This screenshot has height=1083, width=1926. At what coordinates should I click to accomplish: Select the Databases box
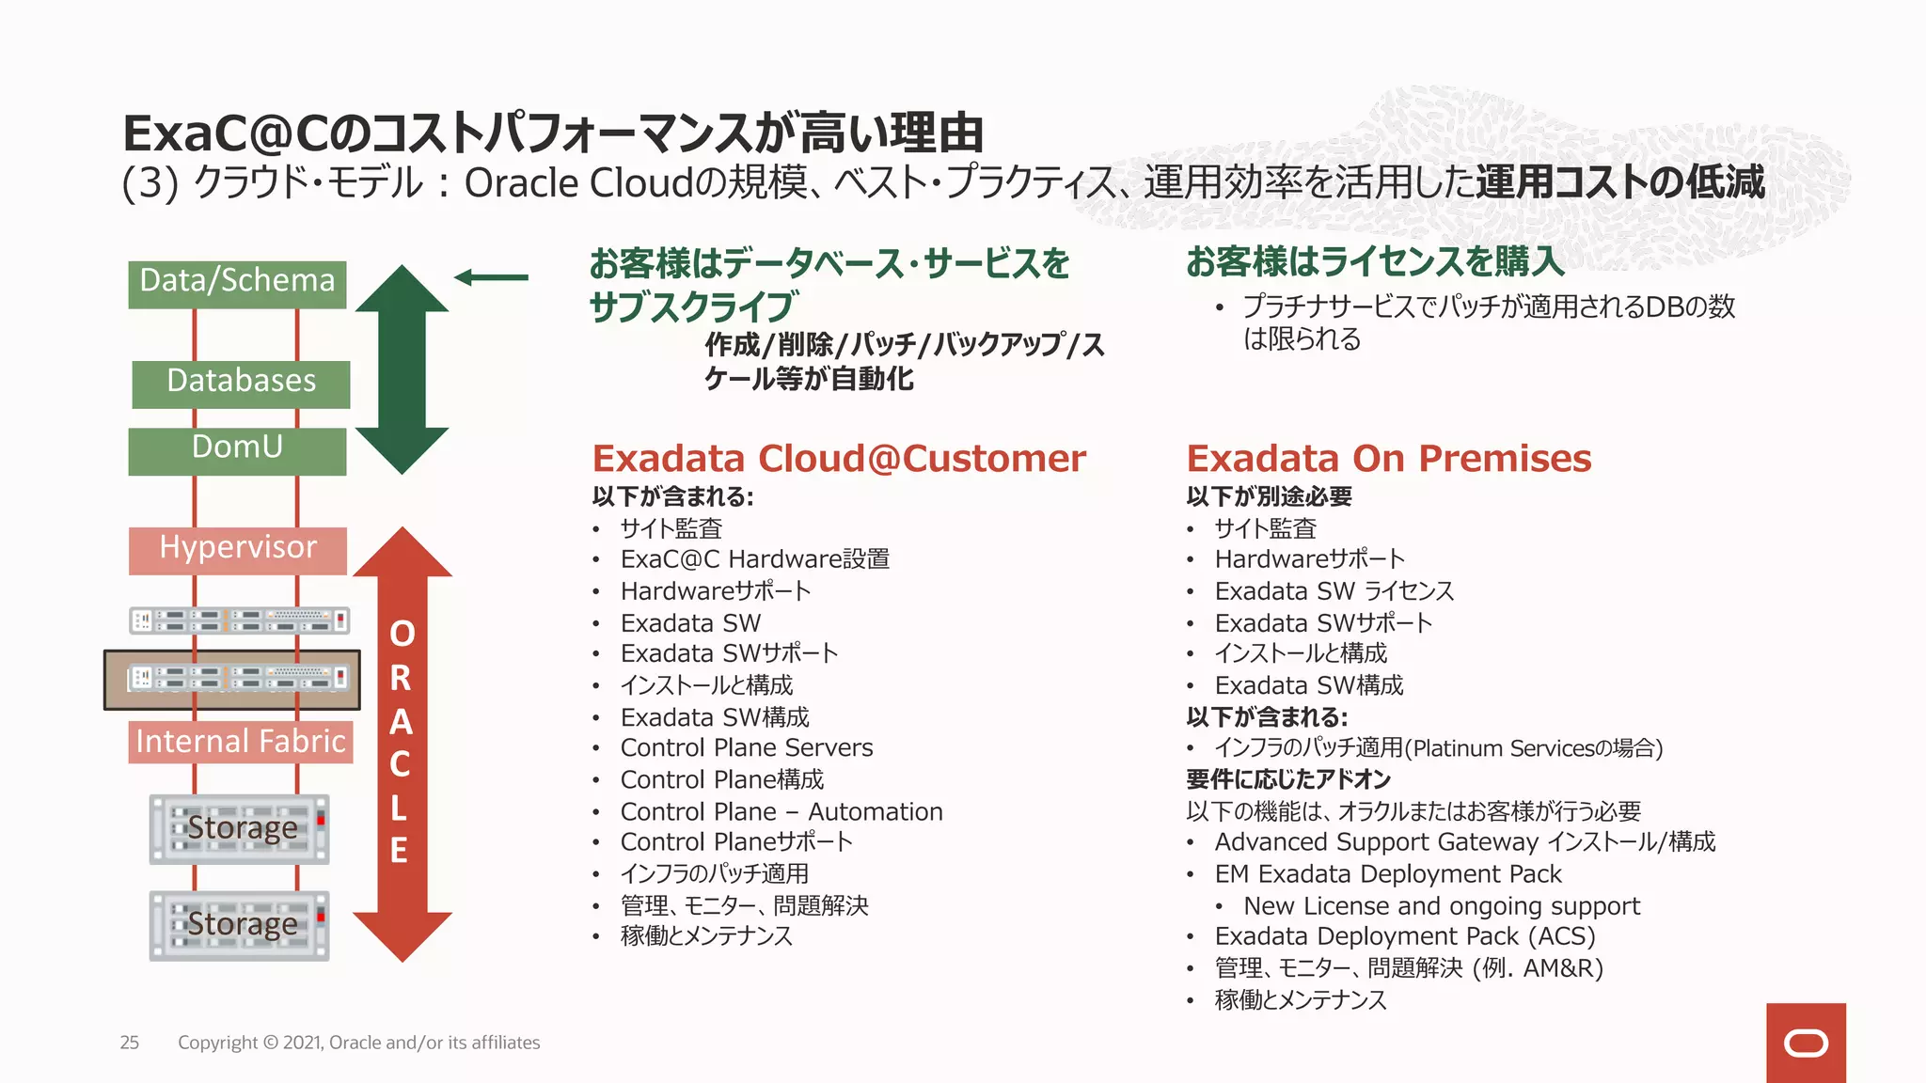241,384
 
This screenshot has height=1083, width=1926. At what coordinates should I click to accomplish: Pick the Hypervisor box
238,550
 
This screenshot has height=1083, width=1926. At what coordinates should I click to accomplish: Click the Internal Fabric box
241,742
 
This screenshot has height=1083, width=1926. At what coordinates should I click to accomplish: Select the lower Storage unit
240,925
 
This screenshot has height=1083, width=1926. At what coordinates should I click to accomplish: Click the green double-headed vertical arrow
402,369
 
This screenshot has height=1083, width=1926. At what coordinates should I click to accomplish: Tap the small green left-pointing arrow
491,277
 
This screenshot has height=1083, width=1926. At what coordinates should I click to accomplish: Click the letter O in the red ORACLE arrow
402,635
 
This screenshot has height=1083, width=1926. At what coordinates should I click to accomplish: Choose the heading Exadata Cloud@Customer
839,459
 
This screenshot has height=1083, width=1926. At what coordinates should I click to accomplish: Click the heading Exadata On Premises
1388,459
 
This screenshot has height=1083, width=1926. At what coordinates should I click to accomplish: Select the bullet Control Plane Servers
747,748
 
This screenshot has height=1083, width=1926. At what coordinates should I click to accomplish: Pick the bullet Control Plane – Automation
781,811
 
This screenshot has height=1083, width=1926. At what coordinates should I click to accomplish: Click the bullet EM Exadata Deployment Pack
1387,874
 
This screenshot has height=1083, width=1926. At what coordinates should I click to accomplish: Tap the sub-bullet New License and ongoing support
1441,906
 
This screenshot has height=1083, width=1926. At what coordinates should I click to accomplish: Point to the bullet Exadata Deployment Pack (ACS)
1405,937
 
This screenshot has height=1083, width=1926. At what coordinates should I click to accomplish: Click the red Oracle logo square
1806,1043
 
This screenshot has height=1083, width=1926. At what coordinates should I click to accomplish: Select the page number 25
130,1043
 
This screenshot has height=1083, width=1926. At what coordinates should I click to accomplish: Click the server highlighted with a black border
232,679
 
